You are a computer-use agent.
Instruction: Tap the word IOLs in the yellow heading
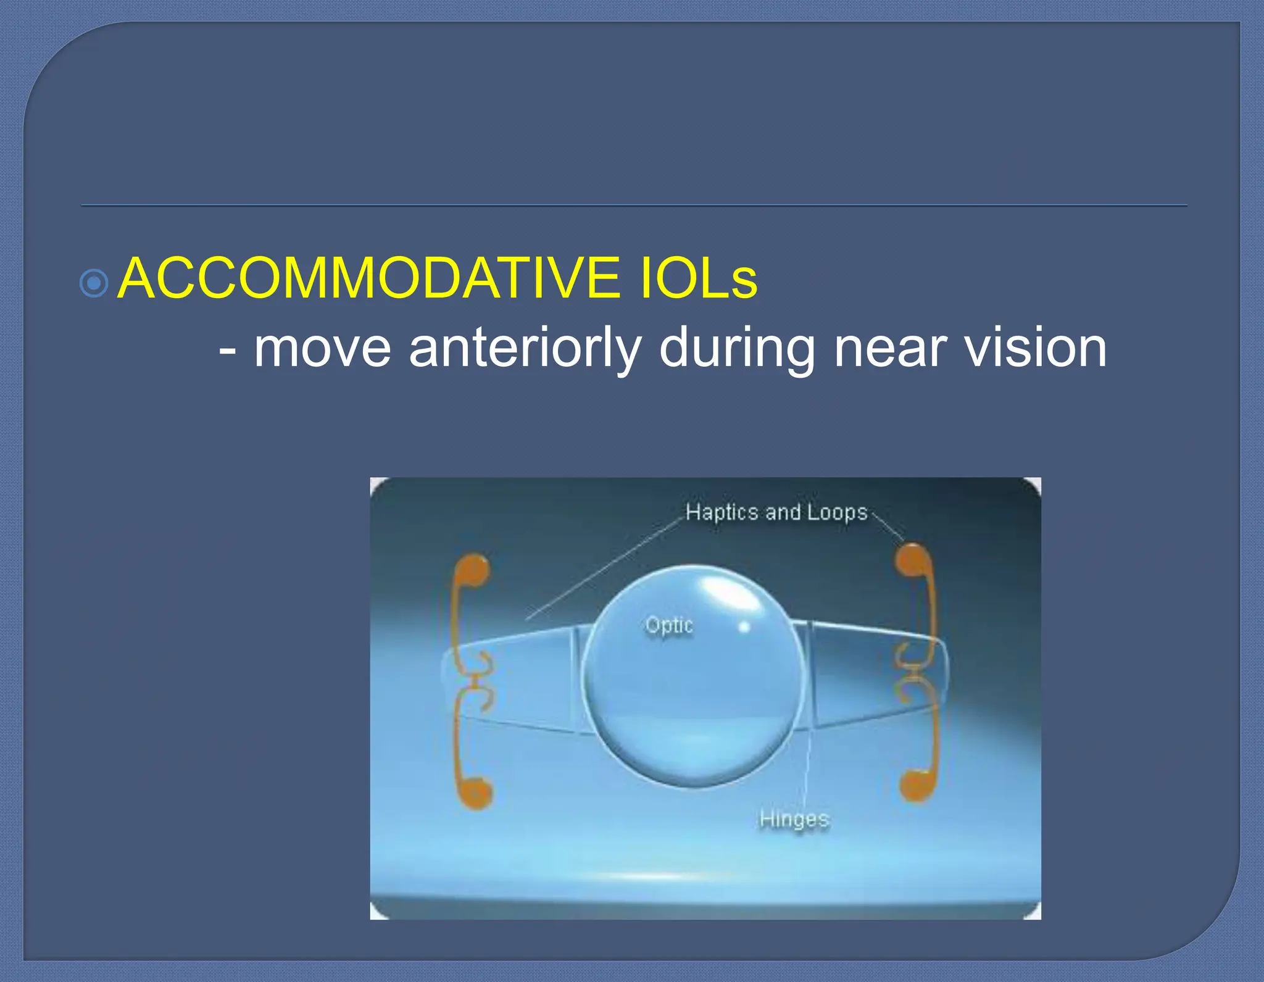pyautogui.click(x=698, y=279)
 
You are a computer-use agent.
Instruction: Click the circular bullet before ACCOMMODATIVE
pyautogui.click(x=94, y=284)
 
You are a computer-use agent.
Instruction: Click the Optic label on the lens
pyautogui.click(x=669, y=626)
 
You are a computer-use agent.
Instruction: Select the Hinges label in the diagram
pyautogui.click(x=794, y=819)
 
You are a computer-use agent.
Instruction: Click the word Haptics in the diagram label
pyautogui.click(x=721, y=512)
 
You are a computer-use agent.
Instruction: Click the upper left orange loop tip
pyautogui.click(x=475, y=569)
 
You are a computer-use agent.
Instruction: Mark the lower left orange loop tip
pyautogui.click(x=477, y=793)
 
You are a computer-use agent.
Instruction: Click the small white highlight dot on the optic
pyautogui.click(x=744, y=627)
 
